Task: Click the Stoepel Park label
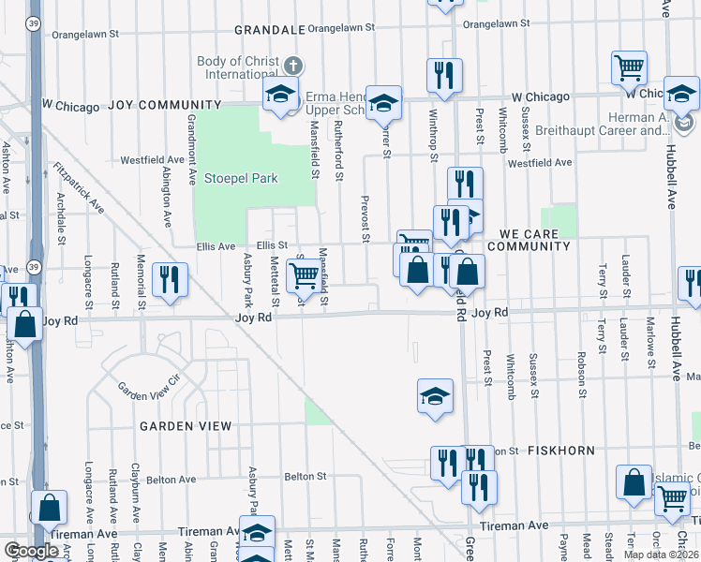point(242,178)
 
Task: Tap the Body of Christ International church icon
point(293,66)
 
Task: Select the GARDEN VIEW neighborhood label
point(186,426)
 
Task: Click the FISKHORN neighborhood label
point(560,451)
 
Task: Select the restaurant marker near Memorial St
point(170,279)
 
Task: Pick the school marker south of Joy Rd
point(435,396)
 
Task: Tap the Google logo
point(32,550)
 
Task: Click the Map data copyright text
point(661,555)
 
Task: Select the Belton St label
point(306,476)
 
